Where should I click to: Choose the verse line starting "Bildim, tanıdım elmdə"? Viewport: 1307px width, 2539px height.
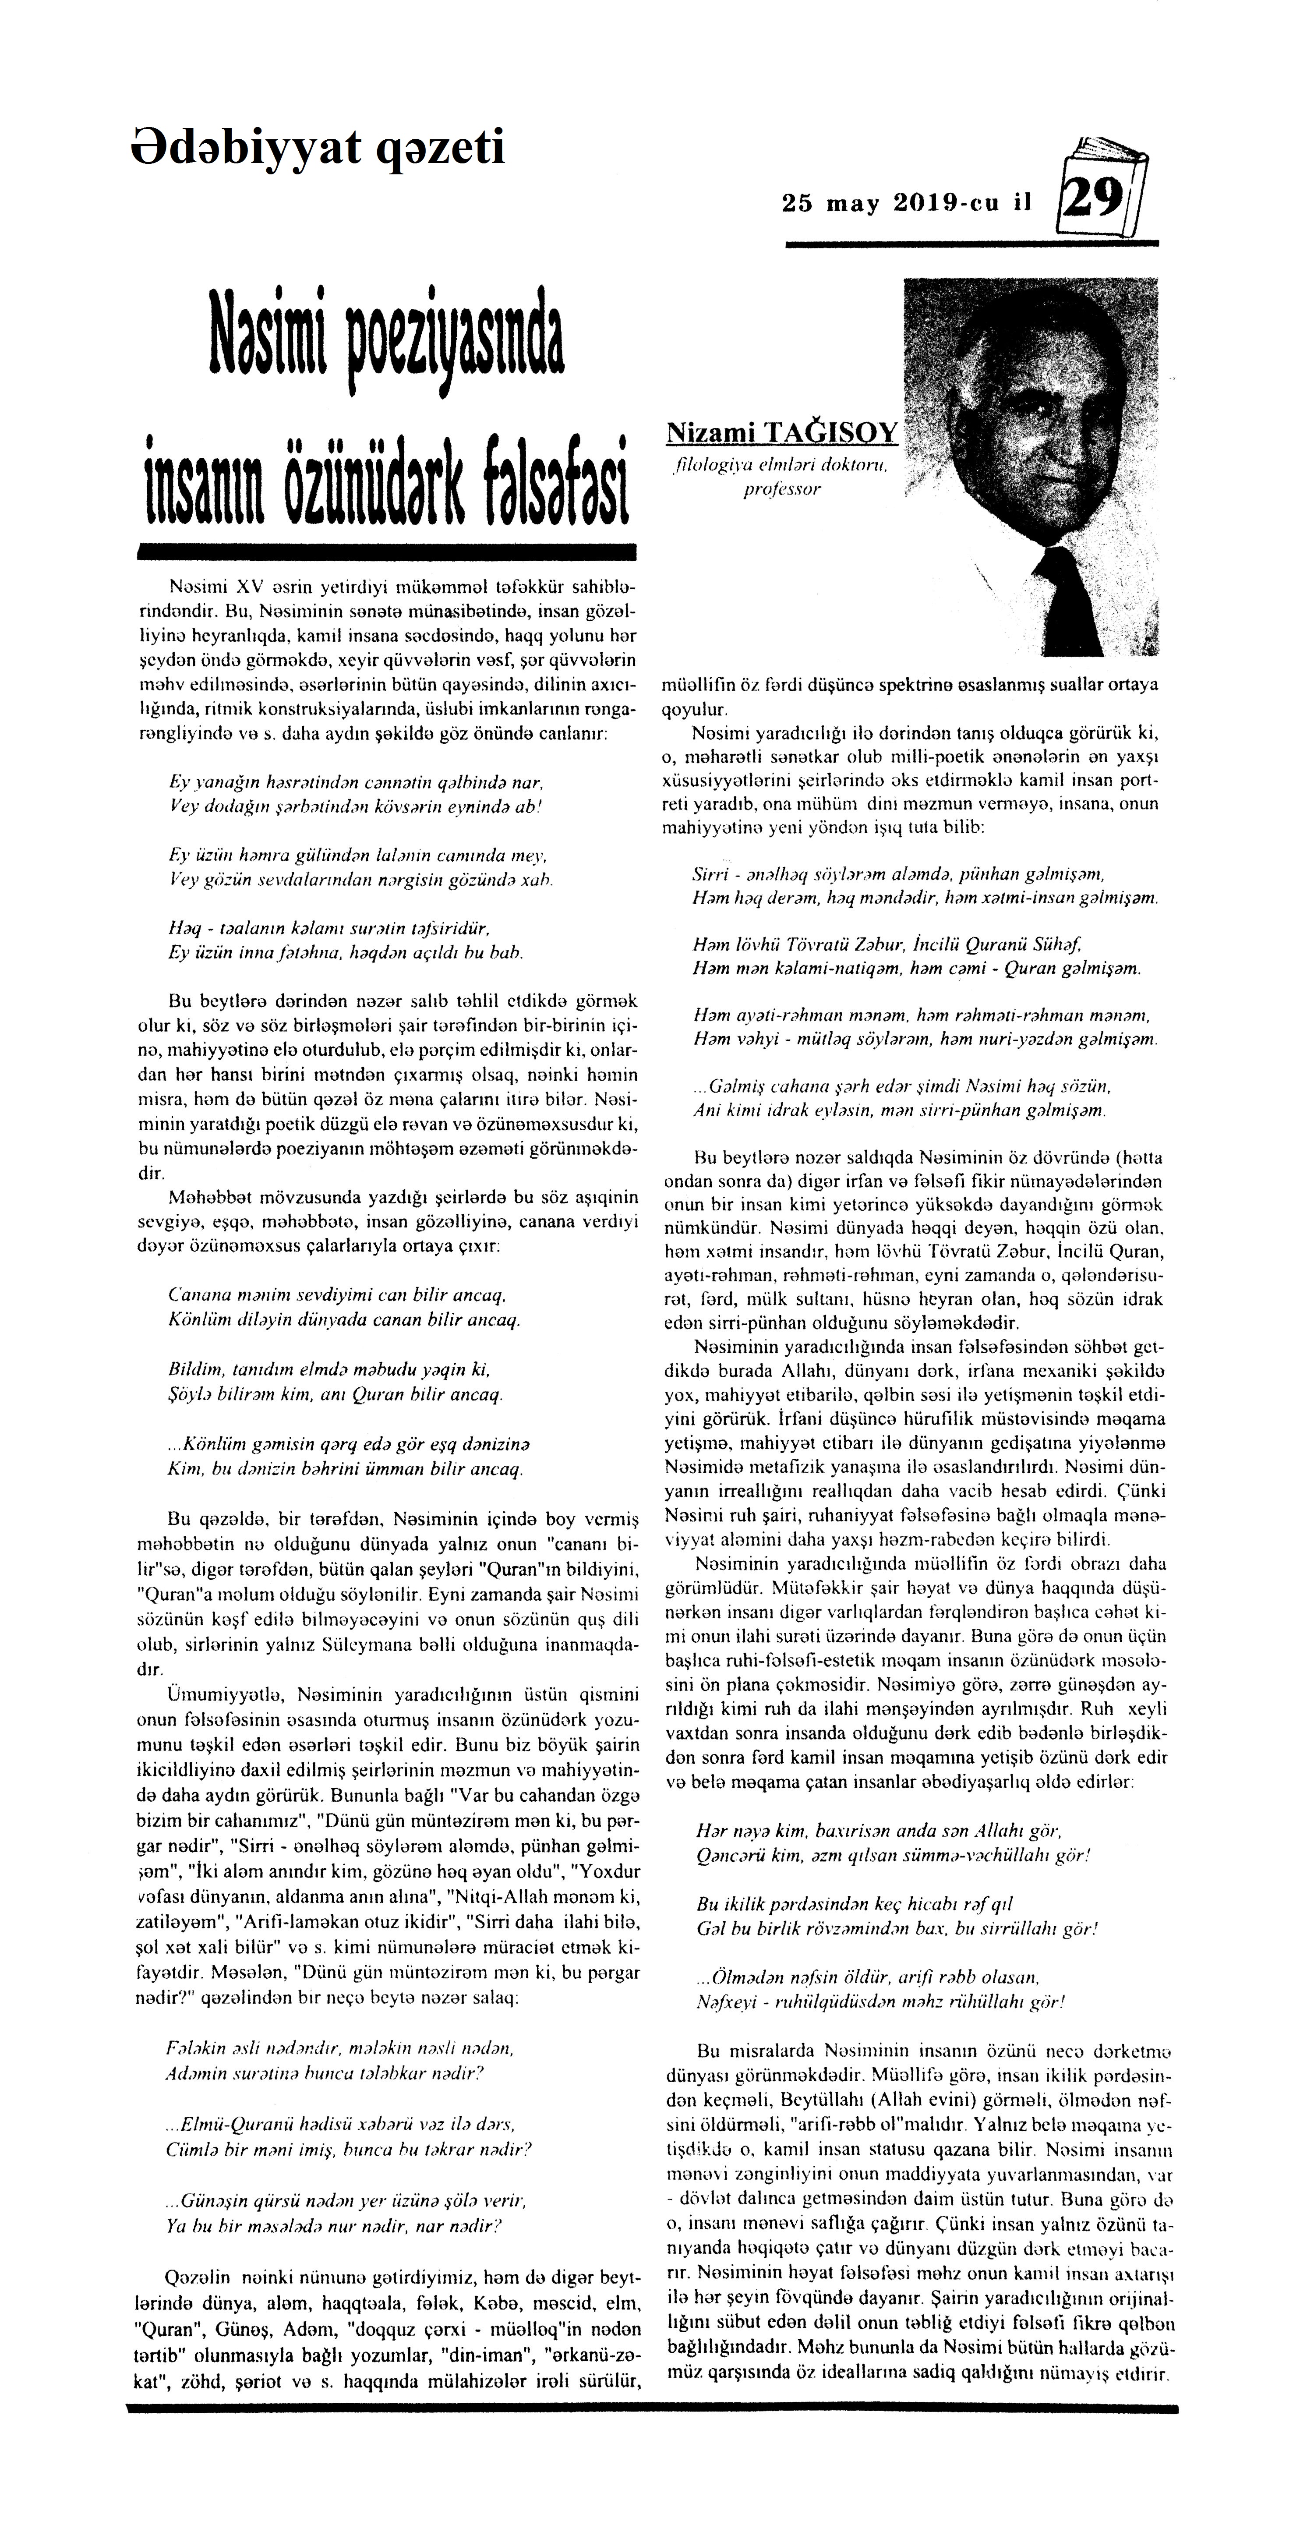(330, 1370)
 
